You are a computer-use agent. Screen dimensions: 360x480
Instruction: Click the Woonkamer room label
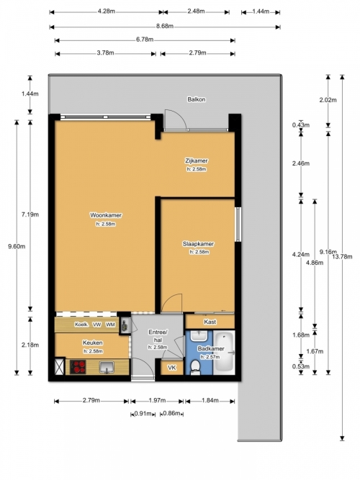tap(106, 215)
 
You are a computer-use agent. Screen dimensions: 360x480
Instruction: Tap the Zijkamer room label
tap(197, 160)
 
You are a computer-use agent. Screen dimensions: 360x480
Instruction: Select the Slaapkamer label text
tap(198, 244)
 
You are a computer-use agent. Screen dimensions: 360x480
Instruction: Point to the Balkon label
tap(197, 99)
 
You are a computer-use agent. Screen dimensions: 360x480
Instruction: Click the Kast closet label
tap(210, 322)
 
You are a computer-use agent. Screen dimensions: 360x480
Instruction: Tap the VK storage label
tap(172, 367)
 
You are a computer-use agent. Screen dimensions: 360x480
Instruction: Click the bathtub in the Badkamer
tap(224, 353)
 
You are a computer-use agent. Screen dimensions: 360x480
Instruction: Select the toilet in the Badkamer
tap(195, 367)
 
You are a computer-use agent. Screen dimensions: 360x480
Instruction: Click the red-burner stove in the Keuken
tap(78, 367)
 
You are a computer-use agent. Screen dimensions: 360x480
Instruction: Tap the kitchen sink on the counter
tap(107, 367)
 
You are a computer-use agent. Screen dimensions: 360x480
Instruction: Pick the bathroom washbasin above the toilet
tap(199, 336)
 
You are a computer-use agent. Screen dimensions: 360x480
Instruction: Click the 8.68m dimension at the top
tap(165, 27)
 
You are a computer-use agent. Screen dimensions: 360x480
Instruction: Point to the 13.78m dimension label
tap(342, 256)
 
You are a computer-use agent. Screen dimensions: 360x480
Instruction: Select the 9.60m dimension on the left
tap(17, 246)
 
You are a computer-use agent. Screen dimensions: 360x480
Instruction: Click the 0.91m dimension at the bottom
tap(143, 414)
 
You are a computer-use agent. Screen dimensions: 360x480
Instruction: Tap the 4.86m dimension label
tap(315, 263)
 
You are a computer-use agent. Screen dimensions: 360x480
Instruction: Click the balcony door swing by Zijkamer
tap(176, 120)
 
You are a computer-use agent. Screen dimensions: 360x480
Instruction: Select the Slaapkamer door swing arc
tap(172, 304)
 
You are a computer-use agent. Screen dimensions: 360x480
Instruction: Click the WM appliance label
tap(110, 325)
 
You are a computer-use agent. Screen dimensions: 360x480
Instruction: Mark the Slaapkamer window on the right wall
tap(238, 225)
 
